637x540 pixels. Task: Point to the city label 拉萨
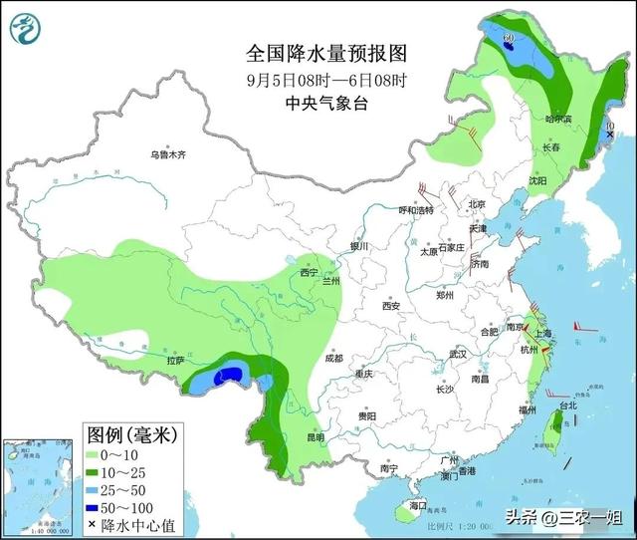(175, 362)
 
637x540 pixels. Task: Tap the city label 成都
(332, 359)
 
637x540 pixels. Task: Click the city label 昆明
(315, 436)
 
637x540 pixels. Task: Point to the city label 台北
(566, 406)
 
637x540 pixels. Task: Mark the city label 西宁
(309, 272)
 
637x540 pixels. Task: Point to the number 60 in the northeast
(509, 38)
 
